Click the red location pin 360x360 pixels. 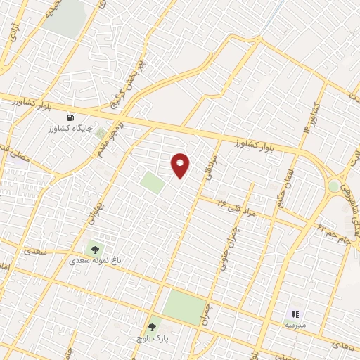[181, 165]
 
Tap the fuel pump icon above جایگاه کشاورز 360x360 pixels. [70, 117]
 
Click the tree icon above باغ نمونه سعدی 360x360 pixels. [94, 248]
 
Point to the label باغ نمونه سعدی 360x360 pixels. [95, 259]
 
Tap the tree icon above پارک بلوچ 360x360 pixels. [151, 327]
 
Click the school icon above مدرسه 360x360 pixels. [295, 314]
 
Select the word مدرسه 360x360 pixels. [295, 326]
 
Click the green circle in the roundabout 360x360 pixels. [333, 185]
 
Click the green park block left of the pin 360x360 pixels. [152, 183]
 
